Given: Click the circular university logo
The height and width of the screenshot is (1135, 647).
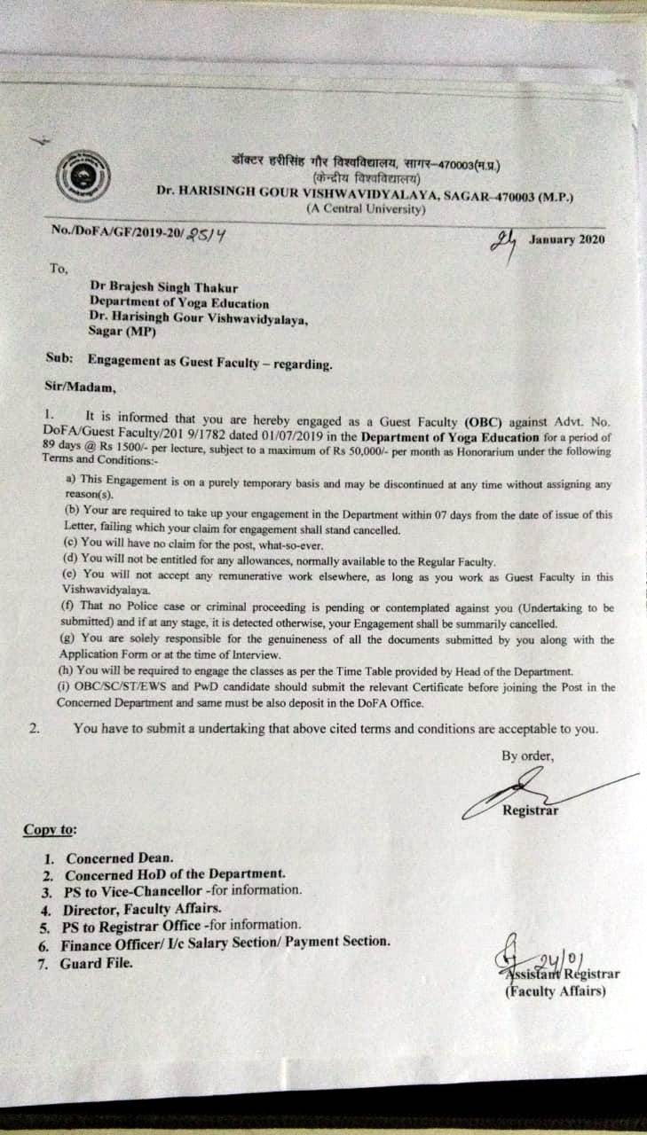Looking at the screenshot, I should (82, 176).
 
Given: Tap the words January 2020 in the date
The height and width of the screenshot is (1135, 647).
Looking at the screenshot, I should (567, 239).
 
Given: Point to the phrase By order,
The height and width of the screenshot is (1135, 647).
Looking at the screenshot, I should (528, 756).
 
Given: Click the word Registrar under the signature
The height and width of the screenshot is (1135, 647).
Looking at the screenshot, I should (531, 810).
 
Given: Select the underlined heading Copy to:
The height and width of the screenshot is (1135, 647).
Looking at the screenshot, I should (50, 830).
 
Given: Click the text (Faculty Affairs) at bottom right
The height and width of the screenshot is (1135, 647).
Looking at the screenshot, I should (556, 990).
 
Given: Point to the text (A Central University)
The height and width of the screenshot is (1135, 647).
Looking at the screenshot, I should (366, 209).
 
